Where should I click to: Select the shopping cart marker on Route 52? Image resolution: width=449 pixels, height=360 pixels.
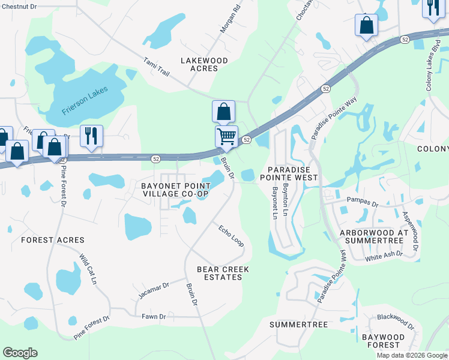tap(226, 136)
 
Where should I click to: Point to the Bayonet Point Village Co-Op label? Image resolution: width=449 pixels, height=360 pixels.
tap(175, 190)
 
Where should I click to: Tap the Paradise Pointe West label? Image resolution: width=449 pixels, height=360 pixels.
tap(288, 173)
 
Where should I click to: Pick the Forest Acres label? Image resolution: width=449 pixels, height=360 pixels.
tap(53, 240)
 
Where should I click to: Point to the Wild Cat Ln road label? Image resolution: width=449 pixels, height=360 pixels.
tap(88, 269)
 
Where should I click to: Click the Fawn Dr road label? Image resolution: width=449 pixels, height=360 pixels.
tap(154, 316)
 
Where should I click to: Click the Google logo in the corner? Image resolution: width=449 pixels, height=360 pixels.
tap(20, 353)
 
